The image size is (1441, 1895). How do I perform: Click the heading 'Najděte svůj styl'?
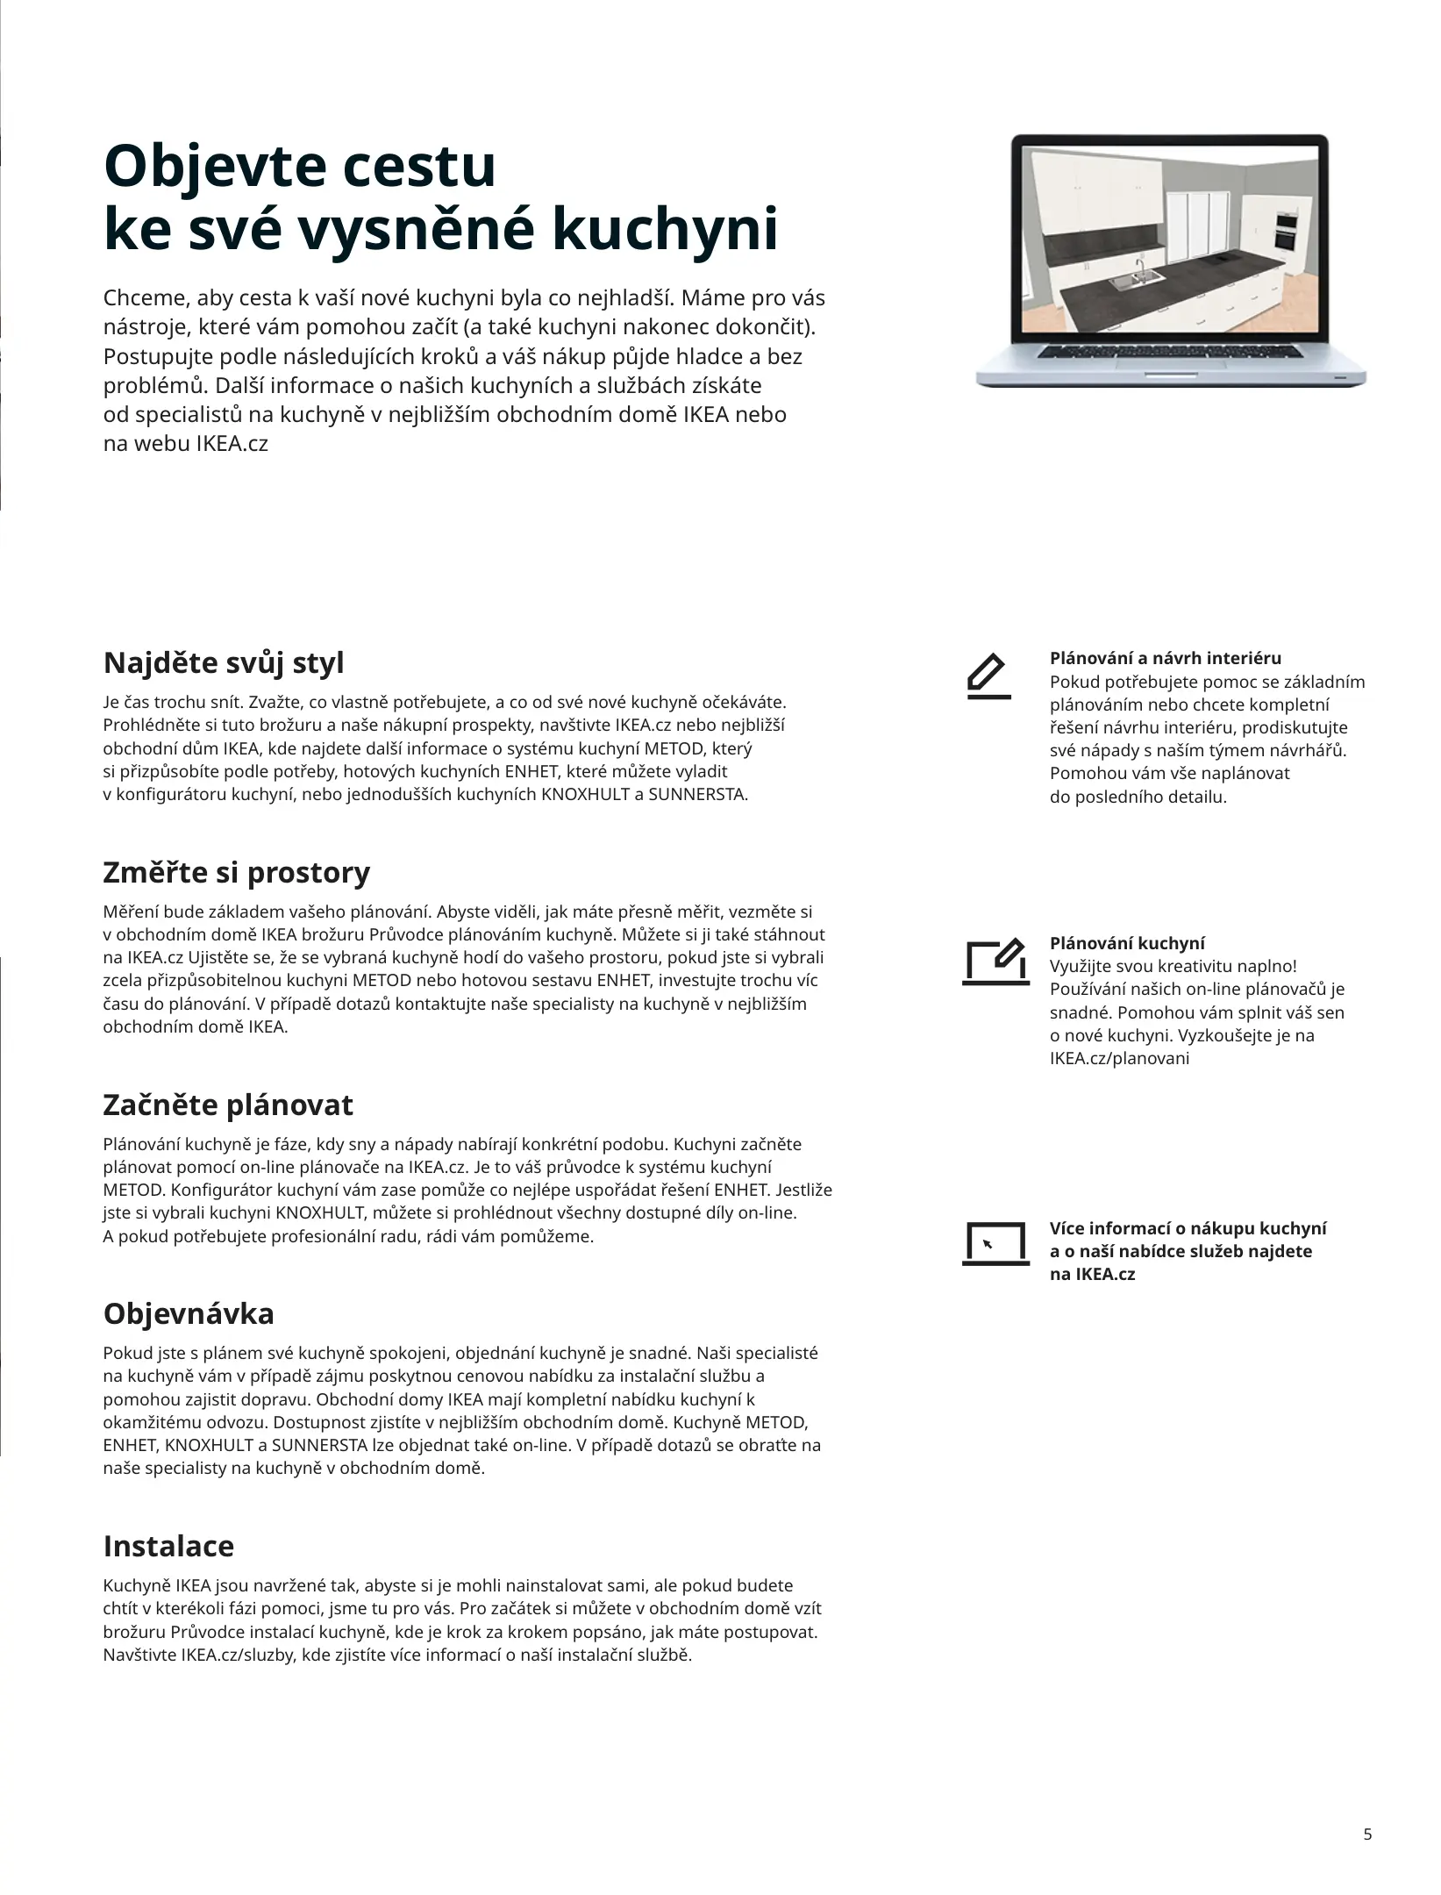[224, 662]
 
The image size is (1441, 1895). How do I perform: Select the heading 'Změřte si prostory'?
[237, 873]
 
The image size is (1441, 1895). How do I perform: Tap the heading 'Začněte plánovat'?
[228, 1105]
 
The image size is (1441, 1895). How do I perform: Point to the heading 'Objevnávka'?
[189, 1313]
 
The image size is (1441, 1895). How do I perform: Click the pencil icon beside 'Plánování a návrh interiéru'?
[988, 676]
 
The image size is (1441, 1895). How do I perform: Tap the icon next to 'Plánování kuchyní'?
[995, 962]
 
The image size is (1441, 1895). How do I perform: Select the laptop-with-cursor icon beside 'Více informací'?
[995, 1244]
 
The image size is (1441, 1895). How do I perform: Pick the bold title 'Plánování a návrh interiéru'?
[1166, 658]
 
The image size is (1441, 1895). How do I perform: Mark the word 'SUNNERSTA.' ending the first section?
[698, 795]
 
